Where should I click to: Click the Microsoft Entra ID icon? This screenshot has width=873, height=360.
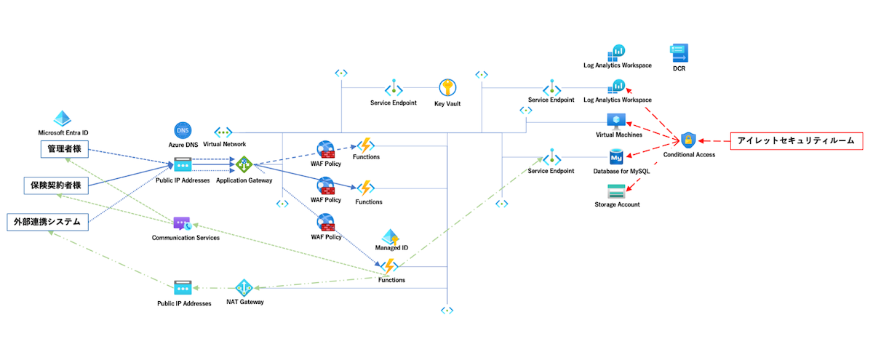(63, 119)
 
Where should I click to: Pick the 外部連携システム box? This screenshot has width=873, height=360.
(47, 221)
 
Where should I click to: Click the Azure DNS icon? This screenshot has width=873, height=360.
(183, 131)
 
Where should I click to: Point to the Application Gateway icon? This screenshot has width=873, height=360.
(244, 165)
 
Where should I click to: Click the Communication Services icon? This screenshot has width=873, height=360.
(182, 224)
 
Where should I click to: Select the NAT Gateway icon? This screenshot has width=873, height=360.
(244, 287)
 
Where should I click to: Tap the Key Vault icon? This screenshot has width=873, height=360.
(447, 88)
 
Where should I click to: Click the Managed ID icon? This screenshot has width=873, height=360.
(391, 236)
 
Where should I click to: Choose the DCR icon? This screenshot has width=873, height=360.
(679, 53)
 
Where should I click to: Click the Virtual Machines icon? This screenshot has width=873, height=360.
(618, 121)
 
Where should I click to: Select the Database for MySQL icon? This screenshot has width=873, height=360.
(617, 157)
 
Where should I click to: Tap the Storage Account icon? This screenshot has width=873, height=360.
(617, 192)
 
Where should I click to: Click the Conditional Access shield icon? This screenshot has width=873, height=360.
(688, 140)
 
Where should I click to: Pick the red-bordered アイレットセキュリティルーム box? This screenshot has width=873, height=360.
(797, 140)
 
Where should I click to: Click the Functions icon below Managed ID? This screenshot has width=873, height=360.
(391, 266)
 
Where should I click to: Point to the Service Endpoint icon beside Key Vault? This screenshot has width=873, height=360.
(394, 88)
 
